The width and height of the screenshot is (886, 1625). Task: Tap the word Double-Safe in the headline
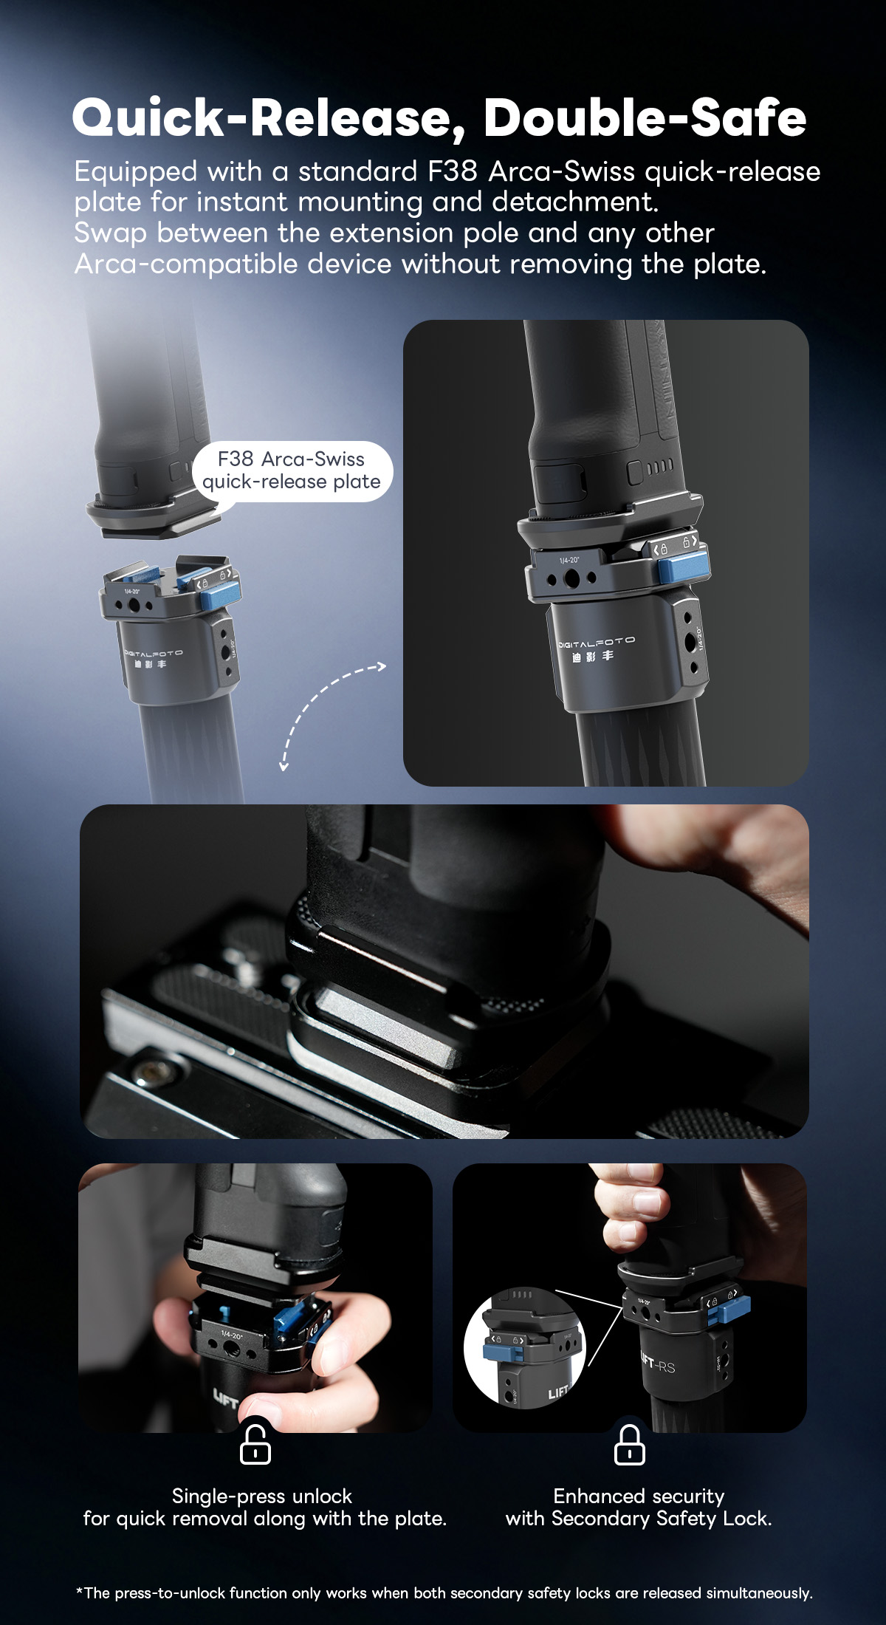(x=645, y=118)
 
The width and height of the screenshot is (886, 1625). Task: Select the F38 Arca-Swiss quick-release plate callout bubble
(x=292, y=471)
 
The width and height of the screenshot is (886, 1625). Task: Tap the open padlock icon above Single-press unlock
(x=255, y=1445)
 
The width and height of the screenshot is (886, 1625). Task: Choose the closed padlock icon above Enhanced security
(x=629, y=1445)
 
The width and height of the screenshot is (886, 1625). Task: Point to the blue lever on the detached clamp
(x=219, y=594)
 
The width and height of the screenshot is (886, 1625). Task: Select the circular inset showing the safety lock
(x=524, y=1348)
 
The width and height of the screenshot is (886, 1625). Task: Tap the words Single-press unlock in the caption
(x=262, y=1496)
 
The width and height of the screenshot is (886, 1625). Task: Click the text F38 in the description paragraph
(x=453, y=171)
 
